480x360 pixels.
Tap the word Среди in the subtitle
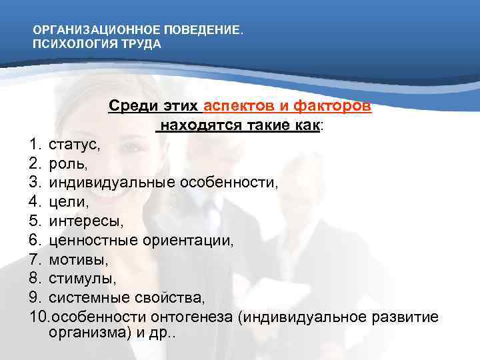(131, 107)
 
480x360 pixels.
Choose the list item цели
(67, 201)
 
